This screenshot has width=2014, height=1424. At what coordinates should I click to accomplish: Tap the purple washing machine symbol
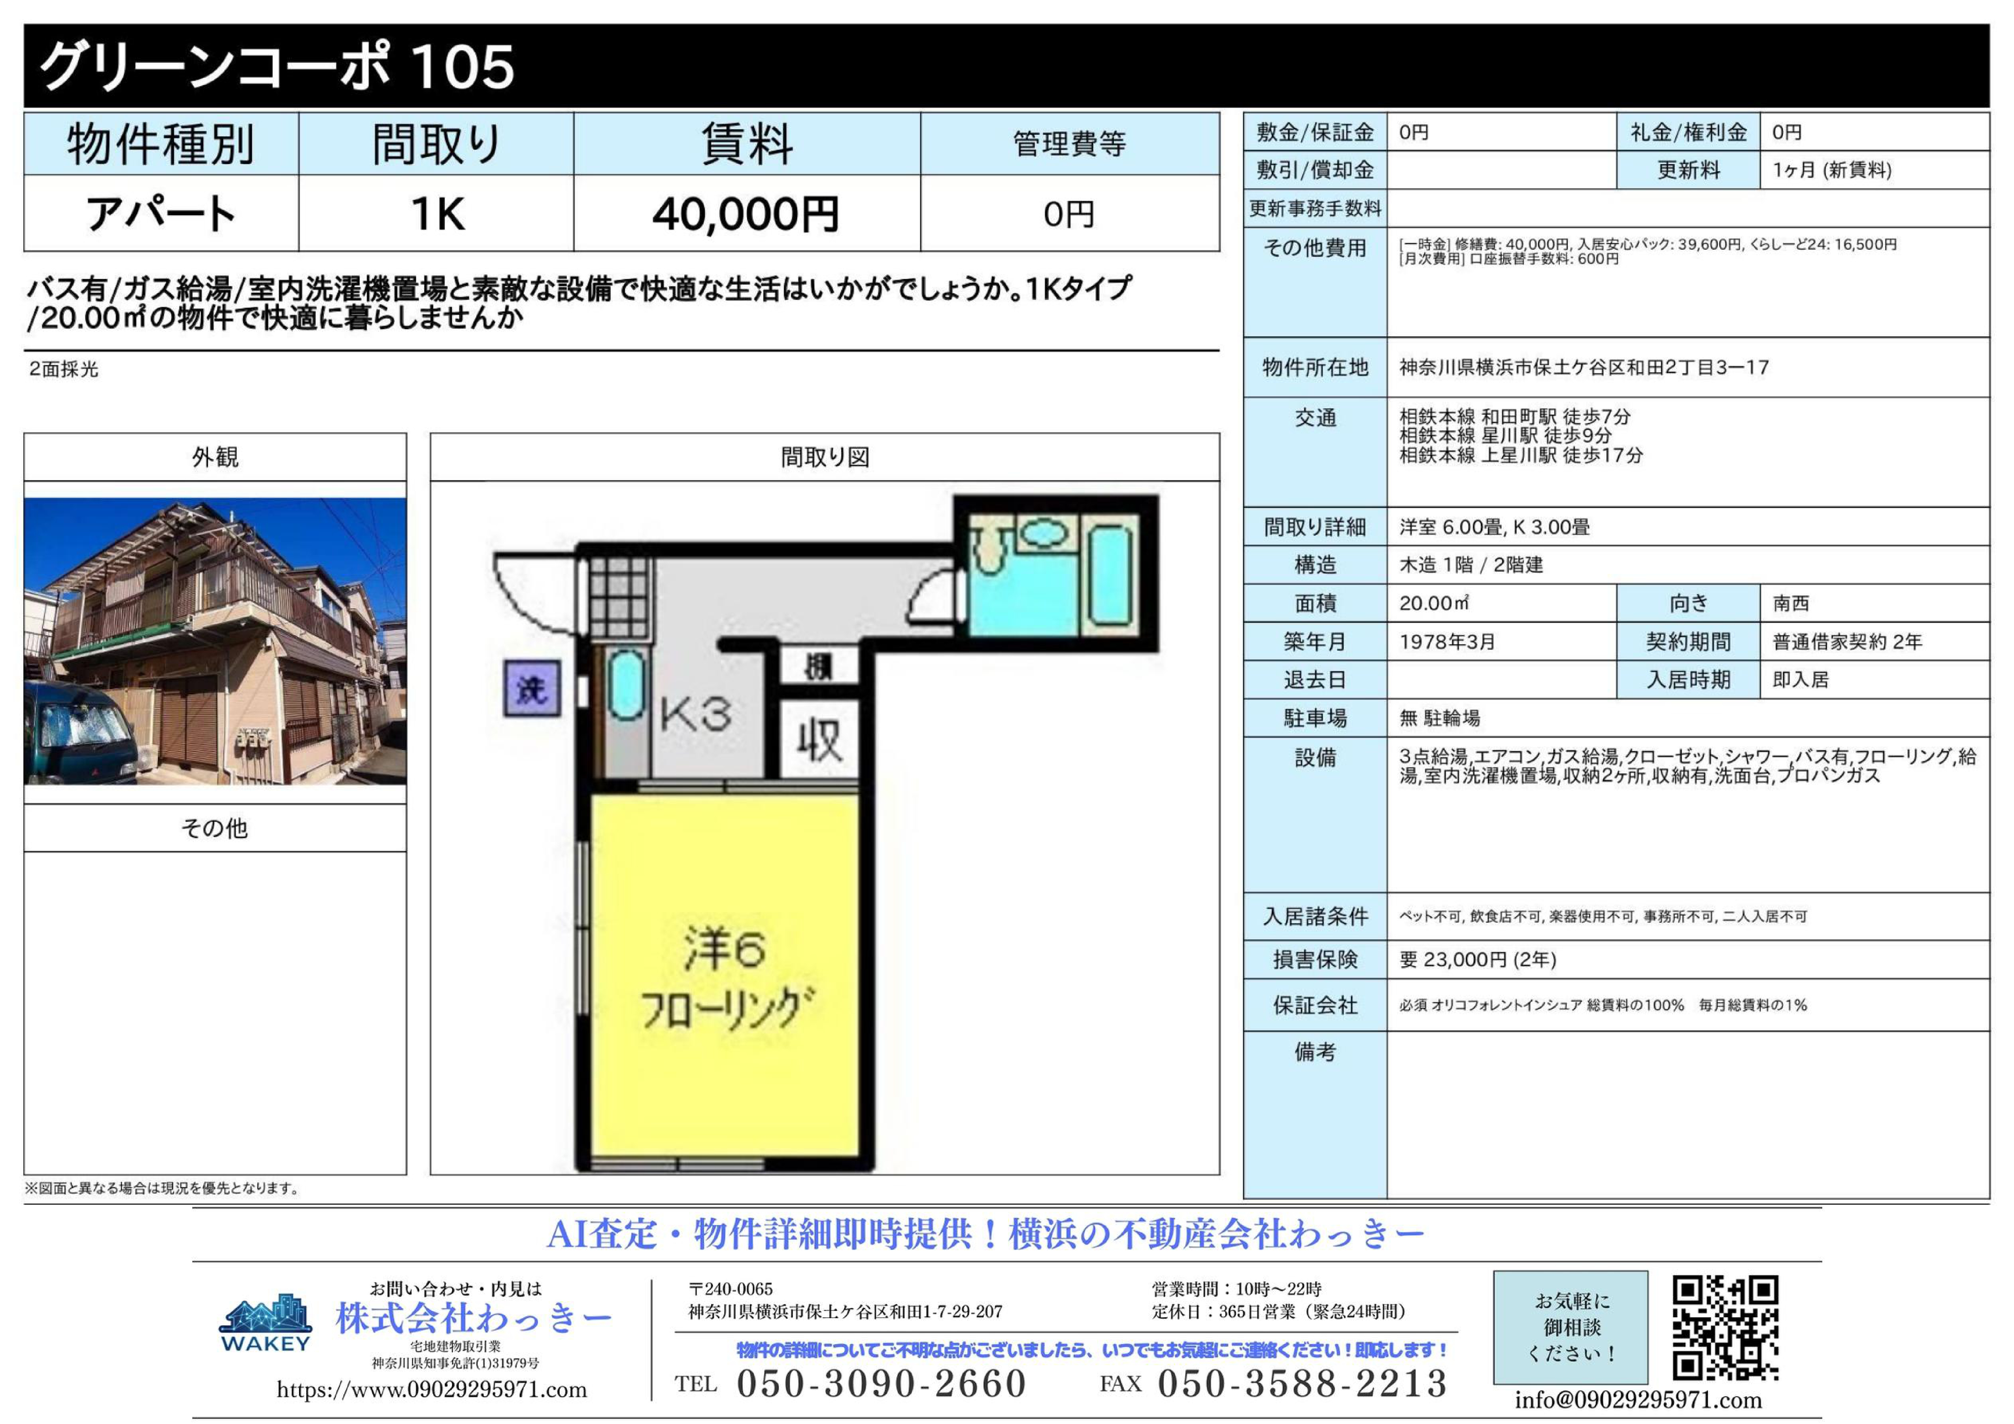tap(532, 689)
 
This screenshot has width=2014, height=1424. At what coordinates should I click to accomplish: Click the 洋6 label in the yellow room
tap(724, 949)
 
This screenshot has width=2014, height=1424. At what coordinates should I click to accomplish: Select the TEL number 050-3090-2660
tap(881, 1384)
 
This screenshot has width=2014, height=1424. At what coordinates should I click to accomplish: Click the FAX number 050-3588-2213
tap(1302, 1384)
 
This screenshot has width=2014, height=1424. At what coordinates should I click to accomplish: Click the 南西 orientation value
tap(1790, 603)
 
